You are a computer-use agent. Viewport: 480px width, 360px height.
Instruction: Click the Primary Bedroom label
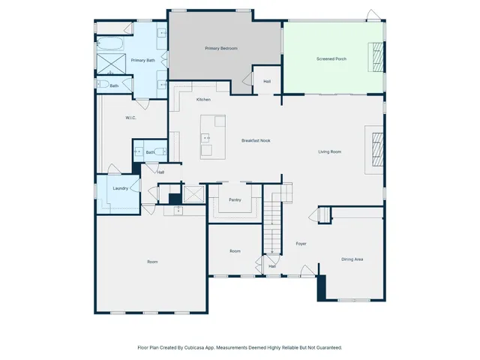pyautogui.click(x=221, y=48)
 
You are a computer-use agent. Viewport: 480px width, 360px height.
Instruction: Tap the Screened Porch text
pyautogui.click(x=331, y=58)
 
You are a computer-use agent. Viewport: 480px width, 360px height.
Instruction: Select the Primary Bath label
pyautogui.click(x=142, y=60)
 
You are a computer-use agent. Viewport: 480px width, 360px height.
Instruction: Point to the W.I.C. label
pyautogui.click(x=130, y=118)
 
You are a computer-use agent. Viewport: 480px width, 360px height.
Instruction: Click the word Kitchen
pyautogui.click(x=203, y=100)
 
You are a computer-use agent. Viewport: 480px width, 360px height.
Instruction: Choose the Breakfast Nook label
pyautogui.click(x=255, y=140)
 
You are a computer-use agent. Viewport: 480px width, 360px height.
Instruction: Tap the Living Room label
pyautogui.click(x=329, y=151)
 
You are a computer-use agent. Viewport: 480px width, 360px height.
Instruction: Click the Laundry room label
pyautogui.click(x=120, y=188)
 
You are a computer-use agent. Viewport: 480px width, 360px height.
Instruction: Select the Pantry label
pyautogui.click(x=235, y=200)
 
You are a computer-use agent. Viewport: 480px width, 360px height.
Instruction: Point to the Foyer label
pyautogui.click(x=301, y=244)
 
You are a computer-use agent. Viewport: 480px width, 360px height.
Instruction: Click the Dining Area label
pyautogui.click(x=352, y=259)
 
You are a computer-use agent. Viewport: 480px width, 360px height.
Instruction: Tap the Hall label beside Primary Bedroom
pyautogui.click(x=267, y=81)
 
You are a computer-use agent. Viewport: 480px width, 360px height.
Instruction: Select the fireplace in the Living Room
pyautogui.click(x=378, y=148)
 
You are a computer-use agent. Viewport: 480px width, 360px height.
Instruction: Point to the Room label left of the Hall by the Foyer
pyautogui.click(x=235, y=250)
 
